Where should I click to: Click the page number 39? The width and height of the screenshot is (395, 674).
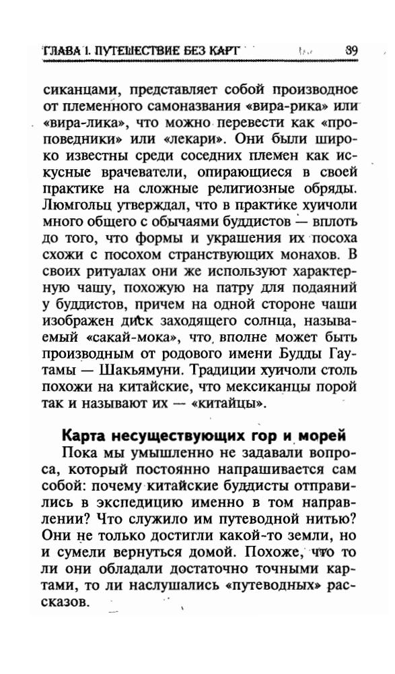[x=351, y=50]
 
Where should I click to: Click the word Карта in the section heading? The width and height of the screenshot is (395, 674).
[x=84, y=435]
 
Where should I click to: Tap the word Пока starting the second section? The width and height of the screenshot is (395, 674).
[x=79, y=452]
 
